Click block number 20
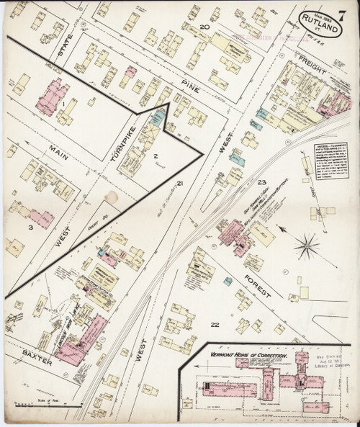(204, 27)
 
